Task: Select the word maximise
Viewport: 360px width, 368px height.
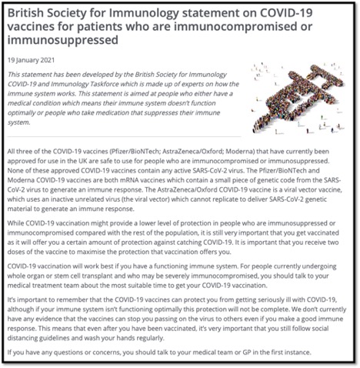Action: pos(99,253)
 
